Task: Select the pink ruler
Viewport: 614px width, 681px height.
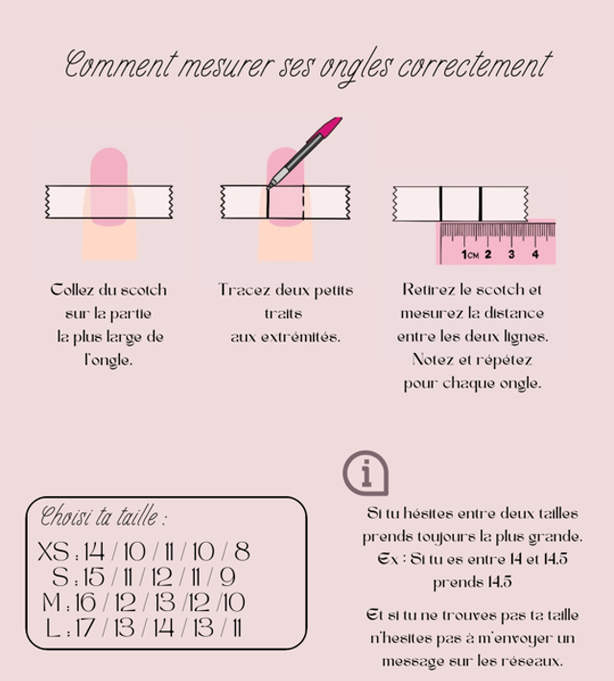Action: pos(497,244)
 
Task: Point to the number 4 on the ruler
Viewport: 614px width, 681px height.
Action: pos(535,254)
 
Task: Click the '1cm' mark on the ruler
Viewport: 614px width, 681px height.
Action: pos(469,254)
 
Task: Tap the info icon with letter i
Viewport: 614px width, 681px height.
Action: pos(366,473)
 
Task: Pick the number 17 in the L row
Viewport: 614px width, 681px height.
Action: pos(85,629)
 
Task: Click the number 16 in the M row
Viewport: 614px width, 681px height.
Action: pos(85,603)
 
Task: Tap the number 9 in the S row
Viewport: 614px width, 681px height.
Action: pos(227,577)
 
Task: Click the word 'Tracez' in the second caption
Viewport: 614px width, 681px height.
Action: pos(244,290)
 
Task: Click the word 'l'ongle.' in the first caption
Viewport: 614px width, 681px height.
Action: pos(107,362)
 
